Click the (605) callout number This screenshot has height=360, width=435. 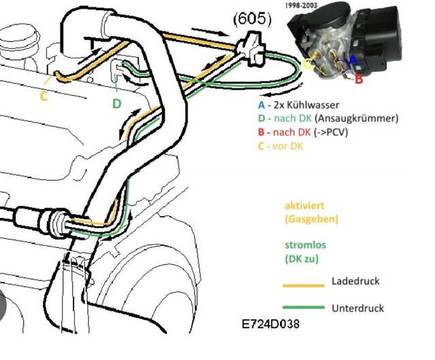[x=254, y=20]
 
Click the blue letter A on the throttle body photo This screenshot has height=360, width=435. [x=352, y=59]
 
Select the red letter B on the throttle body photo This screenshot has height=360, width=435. [x=359, y=79]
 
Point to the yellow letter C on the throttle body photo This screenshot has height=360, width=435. [x=308, y=65]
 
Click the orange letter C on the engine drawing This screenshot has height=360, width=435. [x=43, y=96]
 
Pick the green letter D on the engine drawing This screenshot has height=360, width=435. [x=116, y=103]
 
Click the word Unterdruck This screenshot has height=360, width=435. [x=358, y=308]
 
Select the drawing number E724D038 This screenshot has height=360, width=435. [x=270, y=326]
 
